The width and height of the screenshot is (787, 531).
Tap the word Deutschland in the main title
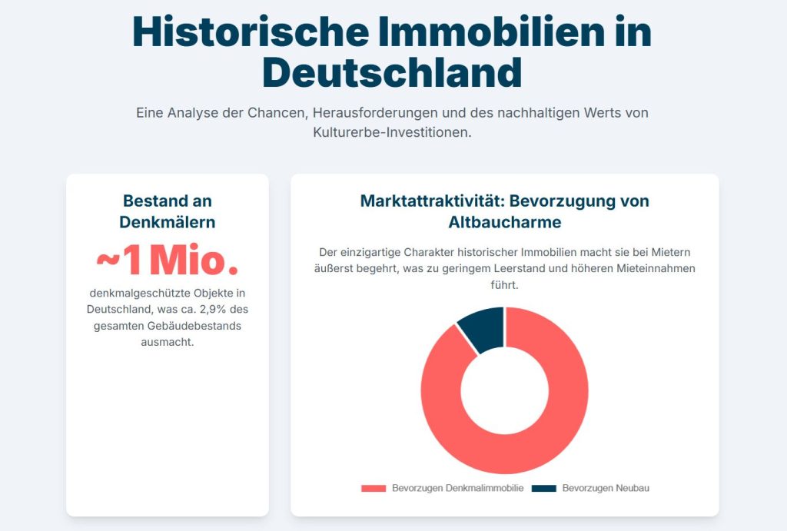[392, 74]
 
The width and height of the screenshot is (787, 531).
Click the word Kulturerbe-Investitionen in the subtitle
[391, 132]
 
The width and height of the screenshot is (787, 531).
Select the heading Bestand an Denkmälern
[168, 211]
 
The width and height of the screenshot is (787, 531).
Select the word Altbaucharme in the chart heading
[505, 222]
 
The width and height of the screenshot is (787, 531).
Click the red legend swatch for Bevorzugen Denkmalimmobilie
[373, 489]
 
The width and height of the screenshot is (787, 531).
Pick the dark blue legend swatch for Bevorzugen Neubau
[544, 489]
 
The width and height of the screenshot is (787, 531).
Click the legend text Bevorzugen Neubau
[606, 489]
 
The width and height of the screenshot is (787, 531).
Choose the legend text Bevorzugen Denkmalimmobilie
[458, 489]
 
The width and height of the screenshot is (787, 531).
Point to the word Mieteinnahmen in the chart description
[655, 268]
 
